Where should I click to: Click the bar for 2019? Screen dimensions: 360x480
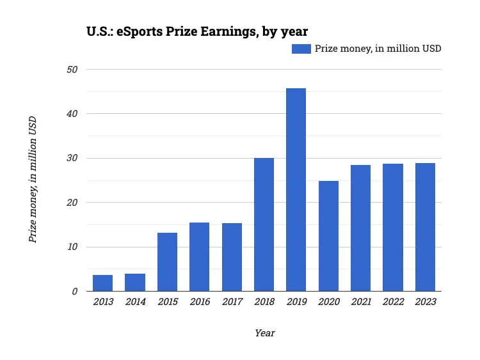tap(296, 190)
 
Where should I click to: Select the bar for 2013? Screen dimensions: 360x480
tap(102, 283)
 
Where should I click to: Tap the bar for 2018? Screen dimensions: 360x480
tap(264, 224)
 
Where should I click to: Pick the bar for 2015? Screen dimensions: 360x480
tap(167, 262)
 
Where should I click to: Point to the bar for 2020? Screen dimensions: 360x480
tap(328, 236)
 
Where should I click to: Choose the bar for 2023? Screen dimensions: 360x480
tap(425, 227)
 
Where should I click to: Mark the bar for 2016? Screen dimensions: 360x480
tap(199, 257)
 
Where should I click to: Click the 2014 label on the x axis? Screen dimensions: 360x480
tap(135, 302)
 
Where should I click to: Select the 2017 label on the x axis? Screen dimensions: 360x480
tap(232, 302)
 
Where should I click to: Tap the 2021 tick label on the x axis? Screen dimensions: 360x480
tap(360, 302)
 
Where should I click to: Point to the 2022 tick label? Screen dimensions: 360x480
tap(393, 302)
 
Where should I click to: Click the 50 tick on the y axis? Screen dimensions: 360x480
tap(72, 69)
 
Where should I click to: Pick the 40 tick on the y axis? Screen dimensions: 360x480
tap(72, 114)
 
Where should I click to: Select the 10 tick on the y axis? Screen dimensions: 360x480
tap(72, 247)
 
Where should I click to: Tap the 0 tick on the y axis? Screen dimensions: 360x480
tap(75, 292)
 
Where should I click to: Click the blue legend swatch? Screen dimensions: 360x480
tap(301, 49)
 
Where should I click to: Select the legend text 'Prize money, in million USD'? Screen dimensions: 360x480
tap(378, 49)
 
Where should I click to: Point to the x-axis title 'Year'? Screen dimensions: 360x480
tap(264, 333)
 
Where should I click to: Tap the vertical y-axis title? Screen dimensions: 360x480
tap(33, 180)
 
